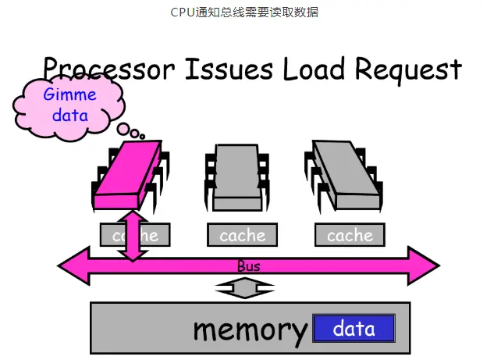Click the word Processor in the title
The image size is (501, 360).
109,70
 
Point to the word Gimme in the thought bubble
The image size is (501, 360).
70,95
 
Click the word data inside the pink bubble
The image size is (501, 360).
70,116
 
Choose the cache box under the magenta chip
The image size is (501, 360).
134,234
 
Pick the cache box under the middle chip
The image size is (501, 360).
242,234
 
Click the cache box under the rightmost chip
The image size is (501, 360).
350,234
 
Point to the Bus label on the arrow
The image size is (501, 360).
248,266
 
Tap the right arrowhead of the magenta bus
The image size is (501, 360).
426,266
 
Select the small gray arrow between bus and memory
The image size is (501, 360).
244,289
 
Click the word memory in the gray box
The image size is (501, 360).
250,330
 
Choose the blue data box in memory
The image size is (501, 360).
354,329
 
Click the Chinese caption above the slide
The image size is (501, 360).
244,12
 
